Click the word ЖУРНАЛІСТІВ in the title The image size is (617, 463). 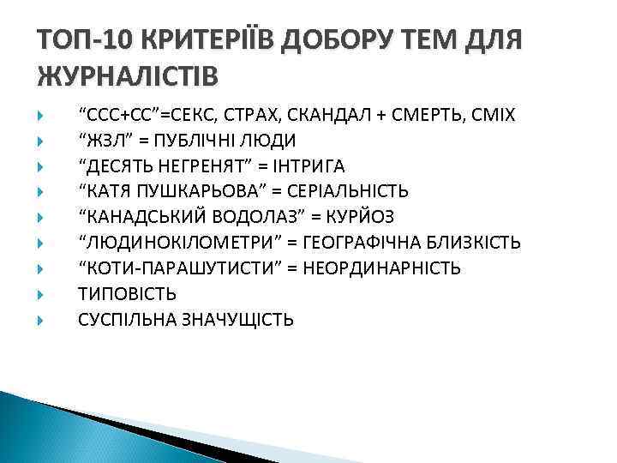tap(128, 75)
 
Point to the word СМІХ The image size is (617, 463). tap(492, 114)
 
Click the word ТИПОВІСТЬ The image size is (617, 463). tap(128, 294)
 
